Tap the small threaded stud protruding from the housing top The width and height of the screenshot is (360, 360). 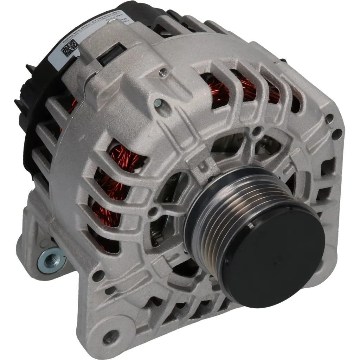point(162,73)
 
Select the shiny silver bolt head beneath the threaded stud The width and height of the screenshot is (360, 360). point(158,103)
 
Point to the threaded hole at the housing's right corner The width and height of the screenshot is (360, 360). point(329,118)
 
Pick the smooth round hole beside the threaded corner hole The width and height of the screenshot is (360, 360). point(337,134)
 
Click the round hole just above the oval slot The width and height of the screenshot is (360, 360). point(98,276)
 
